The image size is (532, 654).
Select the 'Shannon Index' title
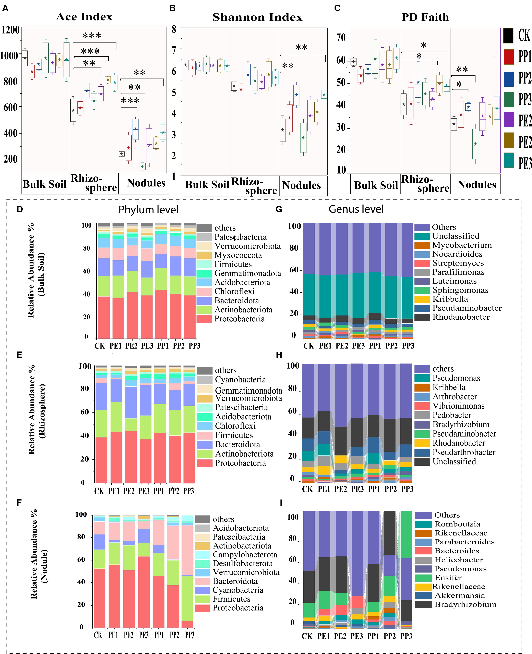point(257,17)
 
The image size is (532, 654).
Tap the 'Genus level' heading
point(356,209)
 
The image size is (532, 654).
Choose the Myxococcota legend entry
point(238,255)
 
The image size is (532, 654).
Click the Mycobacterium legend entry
point(462,245)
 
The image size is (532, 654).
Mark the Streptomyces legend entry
point(458,263)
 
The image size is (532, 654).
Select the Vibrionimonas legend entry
point(458,406)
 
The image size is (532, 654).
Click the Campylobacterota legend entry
point(245,555)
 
